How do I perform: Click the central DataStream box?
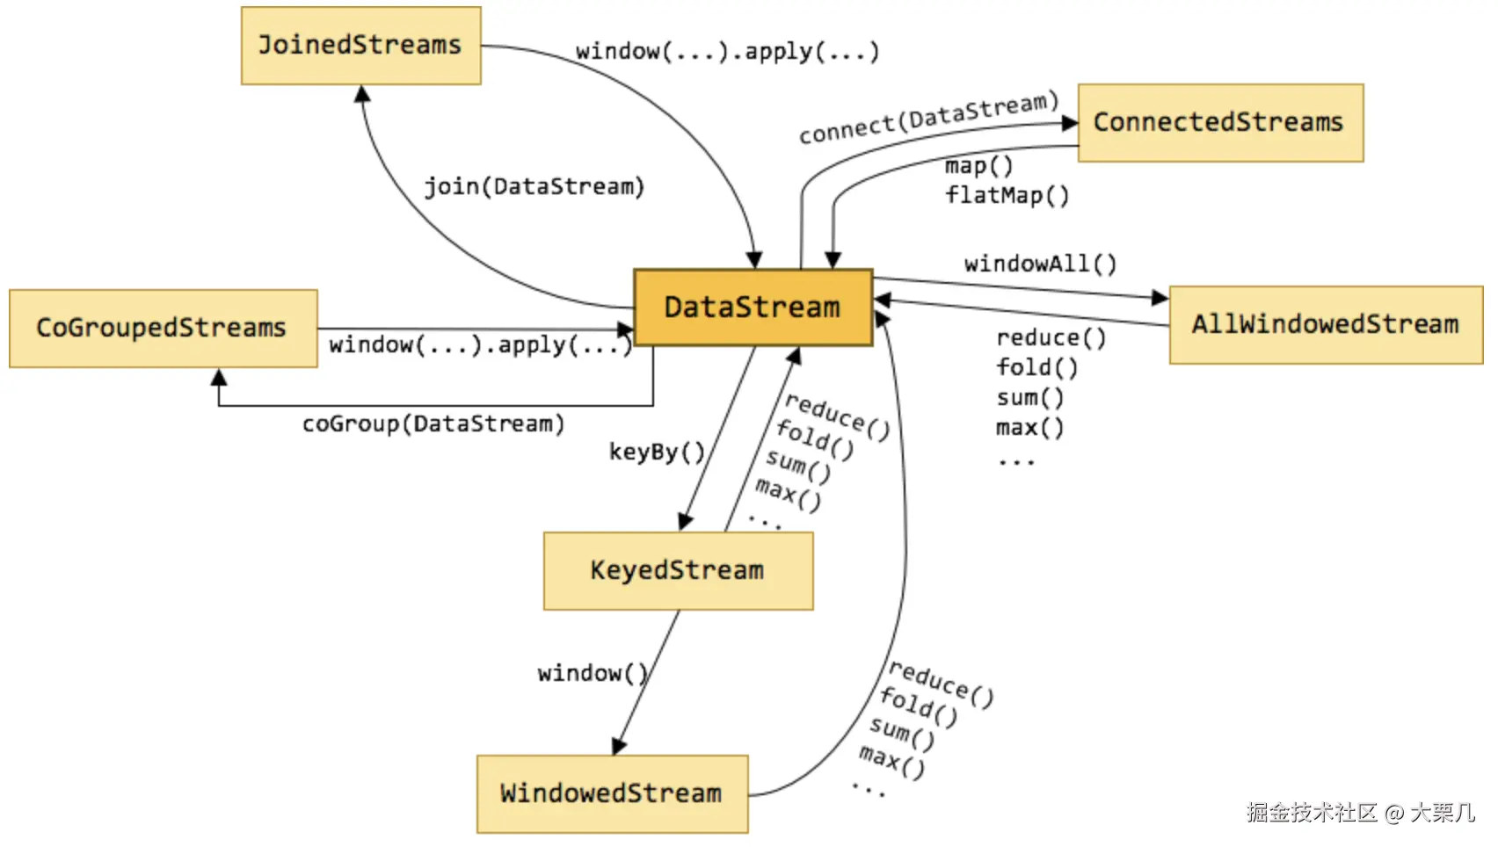click(x=753, y=308)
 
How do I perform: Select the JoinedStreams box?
click(x=361, y=46)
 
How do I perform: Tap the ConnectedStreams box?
click(x=1220, y=123)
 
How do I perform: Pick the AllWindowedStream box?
click(x=1326, y=325)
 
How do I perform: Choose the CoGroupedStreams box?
click(x=164, y=329)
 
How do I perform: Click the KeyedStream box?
click(x=678, y=571)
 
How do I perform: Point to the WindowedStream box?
click(x=612, y=794)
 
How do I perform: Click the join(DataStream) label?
click(x=534, y=186)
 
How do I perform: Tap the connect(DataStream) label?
click(x=929, y=118)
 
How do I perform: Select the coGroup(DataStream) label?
click(x=433, y=423)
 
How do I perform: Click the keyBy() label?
click(x=657, y=452)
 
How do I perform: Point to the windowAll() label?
click(x=1041, y=264)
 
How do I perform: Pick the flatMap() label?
click(x=1007, y=195)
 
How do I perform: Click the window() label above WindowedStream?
click(x=593, y=673)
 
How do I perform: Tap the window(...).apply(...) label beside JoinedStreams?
click(x=728, y=52)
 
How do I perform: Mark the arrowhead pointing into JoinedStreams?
click(x=362, y=94)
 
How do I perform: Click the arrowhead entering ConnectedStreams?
click(x=1070, y=123)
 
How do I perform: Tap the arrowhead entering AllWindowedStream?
click(x=1160, y=297)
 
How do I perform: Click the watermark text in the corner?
click(x=1360, y=812)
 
